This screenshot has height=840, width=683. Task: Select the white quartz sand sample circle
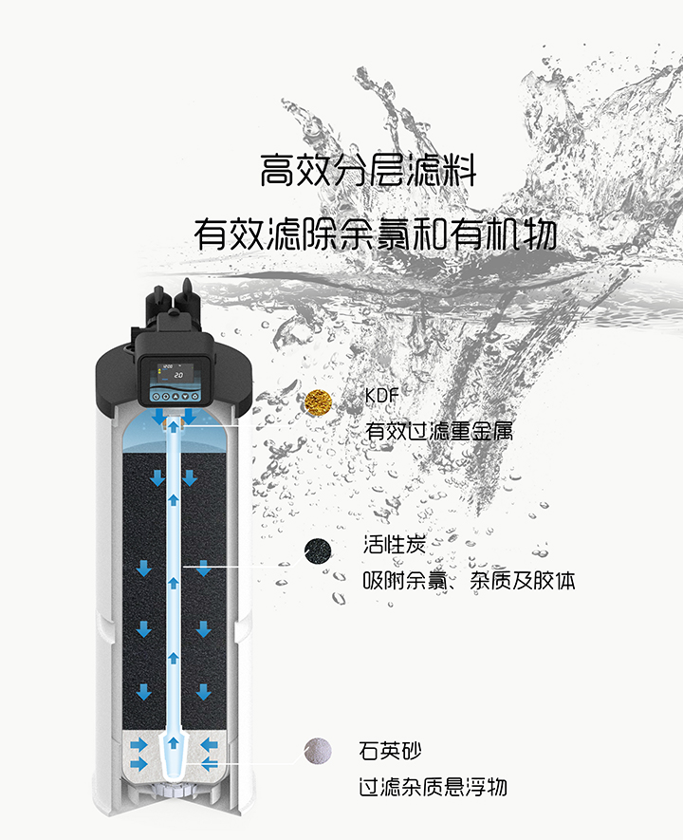tap(318, 752)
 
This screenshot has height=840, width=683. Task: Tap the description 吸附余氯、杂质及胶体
tap(469, 580)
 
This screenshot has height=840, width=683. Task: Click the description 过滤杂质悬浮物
tap(433, 787)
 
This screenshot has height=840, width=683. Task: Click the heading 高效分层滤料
tap(368, 173)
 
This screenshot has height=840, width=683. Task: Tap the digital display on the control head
tap(174, 373)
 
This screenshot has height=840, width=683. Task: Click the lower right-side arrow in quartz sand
tap(210, 763)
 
